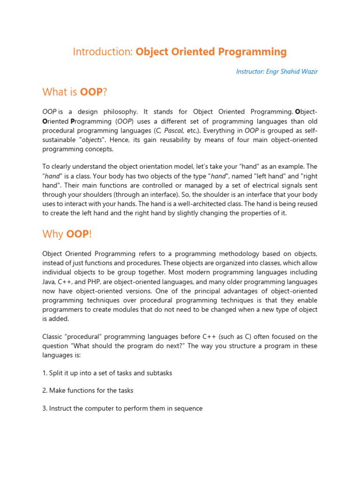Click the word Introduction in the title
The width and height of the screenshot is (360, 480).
click(x=103, y=52)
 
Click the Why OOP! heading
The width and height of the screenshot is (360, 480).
click(x=67, y=234)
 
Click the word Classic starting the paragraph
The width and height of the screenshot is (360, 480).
click(x=53, y=337)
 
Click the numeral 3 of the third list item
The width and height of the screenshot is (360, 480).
click(x=44, y=408)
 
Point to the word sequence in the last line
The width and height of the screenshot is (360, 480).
click(x=188, y=408)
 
